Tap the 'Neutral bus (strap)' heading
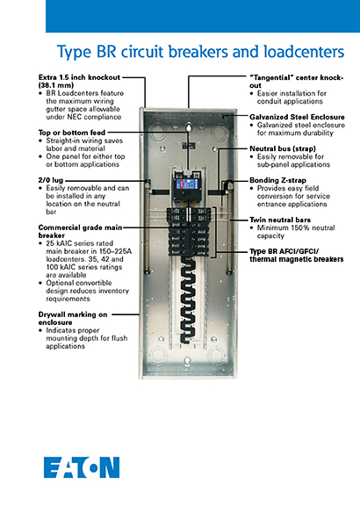pyautogui.click(x=284, y=149)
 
